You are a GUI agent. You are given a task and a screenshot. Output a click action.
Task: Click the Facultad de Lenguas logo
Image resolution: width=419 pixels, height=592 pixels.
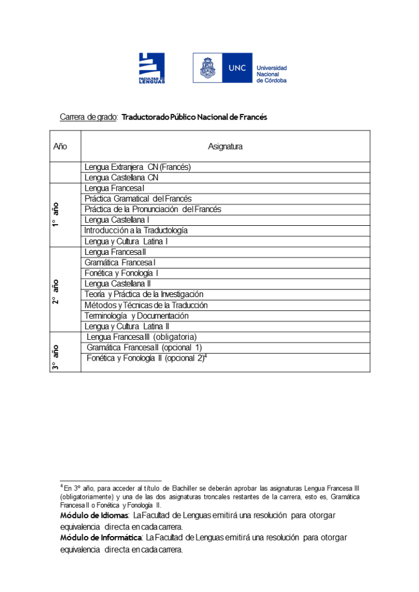click(x=151, y=67)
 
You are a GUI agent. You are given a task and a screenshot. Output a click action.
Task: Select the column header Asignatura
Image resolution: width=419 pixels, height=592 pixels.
click(x=225, y=146)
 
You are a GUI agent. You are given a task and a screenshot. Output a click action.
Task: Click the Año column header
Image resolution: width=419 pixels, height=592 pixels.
click(x=60, y=146)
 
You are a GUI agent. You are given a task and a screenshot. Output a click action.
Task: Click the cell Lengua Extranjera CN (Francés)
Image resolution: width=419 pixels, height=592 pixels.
click(x=138, y=167)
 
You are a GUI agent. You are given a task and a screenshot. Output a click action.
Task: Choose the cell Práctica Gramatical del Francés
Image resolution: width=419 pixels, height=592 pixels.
click(x=138, y=198)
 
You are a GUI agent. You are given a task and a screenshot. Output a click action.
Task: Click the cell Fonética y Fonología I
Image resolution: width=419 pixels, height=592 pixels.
click(x=122, y=273)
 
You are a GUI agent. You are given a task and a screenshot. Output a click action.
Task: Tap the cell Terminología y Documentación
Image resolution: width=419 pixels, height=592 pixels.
click(x=137, y=316)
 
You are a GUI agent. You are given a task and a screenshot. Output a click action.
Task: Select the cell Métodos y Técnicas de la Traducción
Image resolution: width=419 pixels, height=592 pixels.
click(x=146, y=305)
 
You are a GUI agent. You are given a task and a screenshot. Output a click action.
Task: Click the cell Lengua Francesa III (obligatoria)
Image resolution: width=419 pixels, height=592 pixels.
click(x=141, y=337)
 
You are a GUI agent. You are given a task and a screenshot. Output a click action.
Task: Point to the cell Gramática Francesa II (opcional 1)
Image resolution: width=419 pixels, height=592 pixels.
click(x=144, y=348)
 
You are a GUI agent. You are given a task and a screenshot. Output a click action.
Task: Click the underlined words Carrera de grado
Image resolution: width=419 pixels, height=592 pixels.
click(x=88, y=117)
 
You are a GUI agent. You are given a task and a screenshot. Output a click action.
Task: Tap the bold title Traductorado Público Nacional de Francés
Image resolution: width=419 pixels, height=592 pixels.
click(x=194, y=117)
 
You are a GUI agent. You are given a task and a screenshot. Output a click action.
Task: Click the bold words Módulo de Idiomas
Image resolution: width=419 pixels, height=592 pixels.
click(x=94, y=515)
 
